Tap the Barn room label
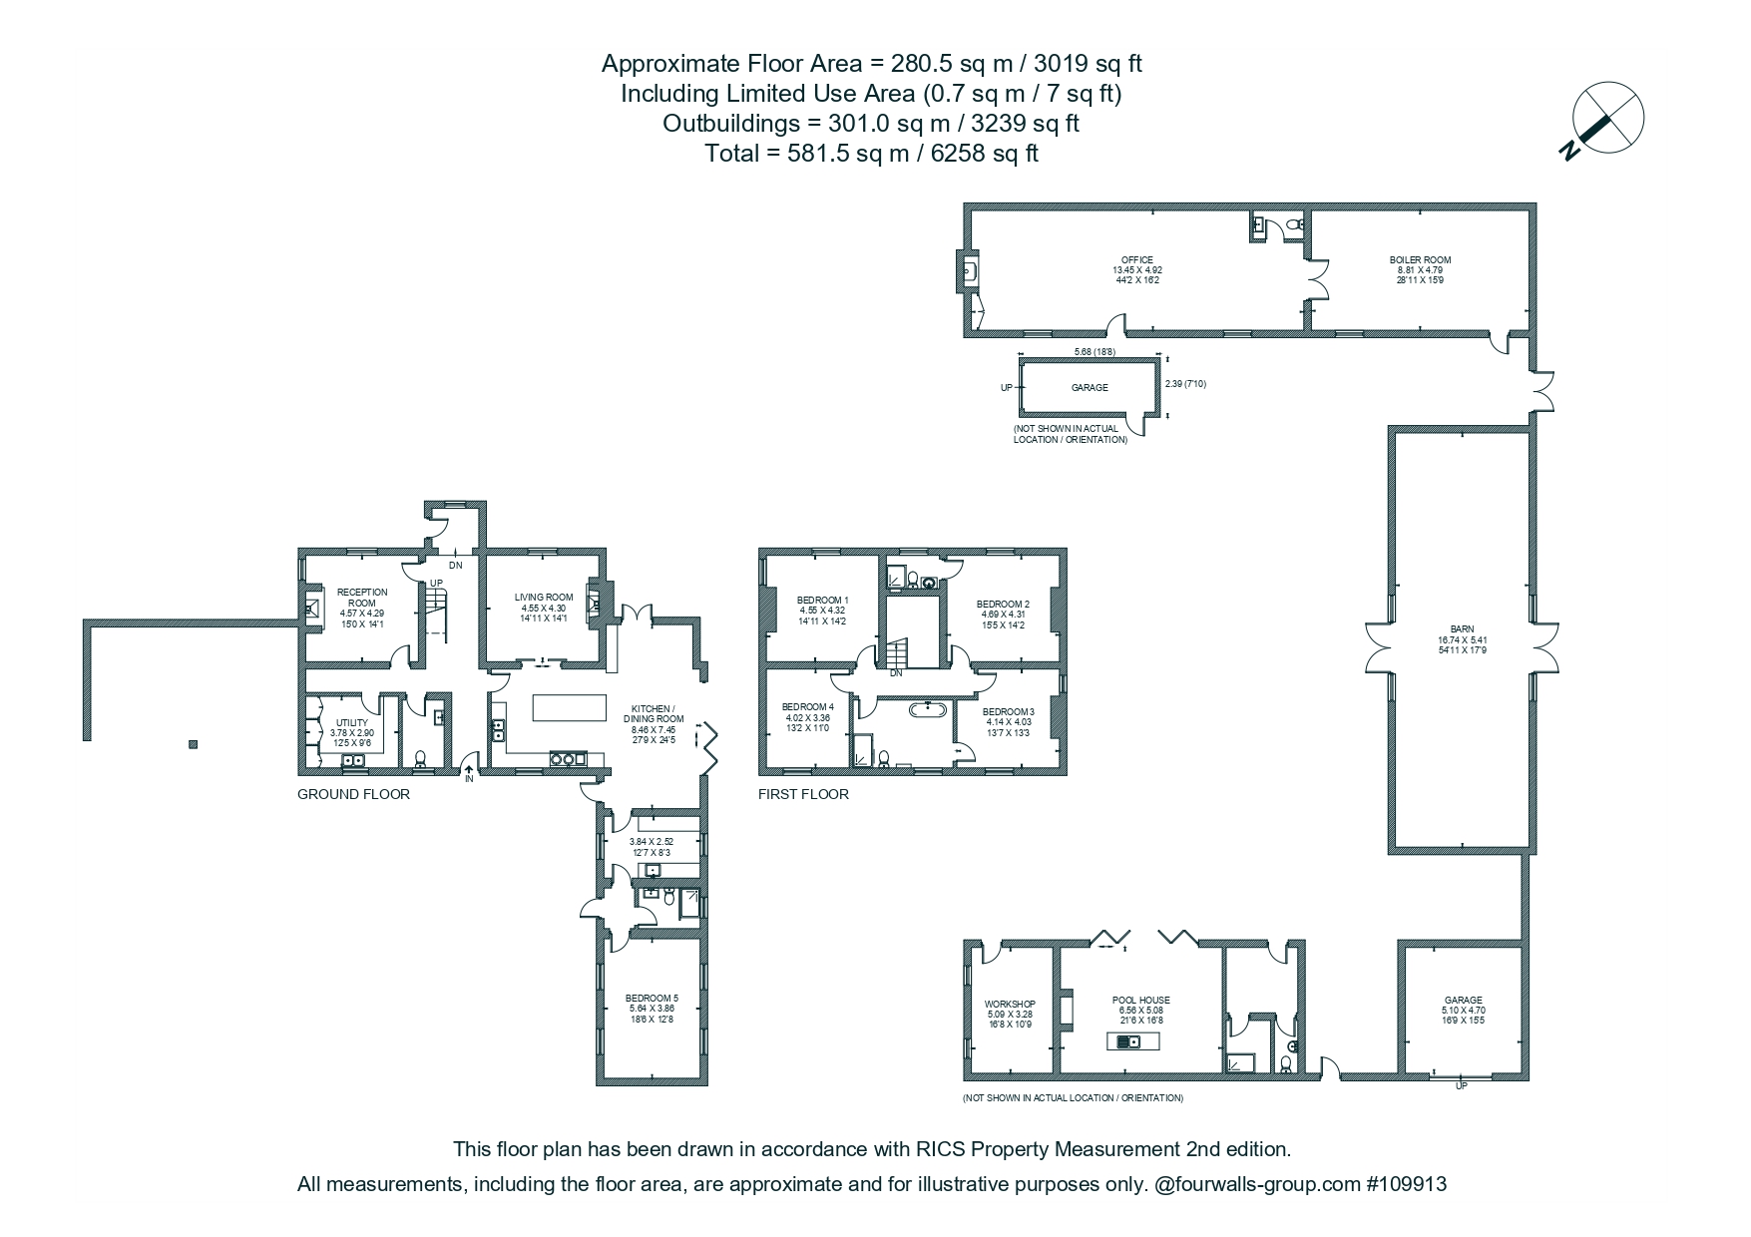pos(1462,628)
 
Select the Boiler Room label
pos(1420,259)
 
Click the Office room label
pos(1137,259)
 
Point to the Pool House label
pos(1141,1000)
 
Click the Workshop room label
pos(1010,1004)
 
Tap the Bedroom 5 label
pos(652,998)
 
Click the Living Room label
pos(544,598)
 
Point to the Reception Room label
pos(362,598)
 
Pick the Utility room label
pos(352,722)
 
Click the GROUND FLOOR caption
pos(353,794)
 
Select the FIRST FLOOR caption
pos(803,794)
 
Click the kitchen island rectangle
pos(570,707)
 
